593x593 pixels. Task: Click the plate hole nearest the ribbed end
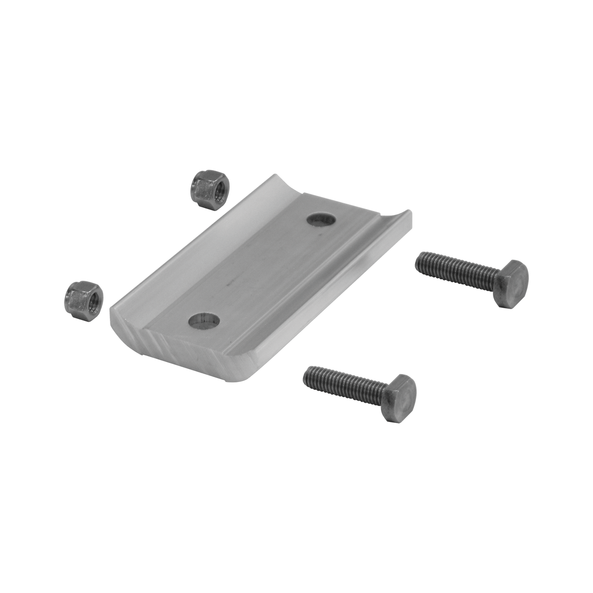tap(204, 321)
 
